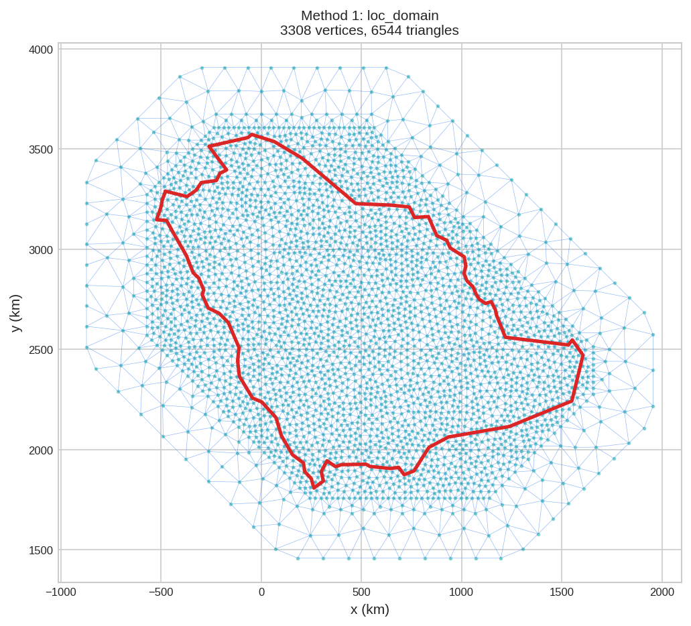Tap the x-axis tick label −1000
(x=60, y=592)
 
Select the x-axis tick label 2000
(x=662, y=592)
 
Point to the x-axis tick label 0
(x=261, y=592)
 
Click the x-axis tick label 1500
(x=562, y=592)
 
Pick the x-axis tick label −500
(x=161, y=592)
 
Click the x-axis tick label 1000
(x=461, y=592)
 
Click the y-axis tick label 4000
(x=40, y=50)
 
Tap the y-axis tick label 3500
(x=40, y=149)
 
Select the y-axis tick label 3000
(x=40, y=250)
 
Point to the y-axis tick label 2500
(x=40, y=350)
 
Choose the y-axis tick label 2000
(x=40, y=450)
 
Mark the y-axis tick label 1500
(x=40, y=550)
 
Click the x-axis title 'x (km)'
(x=369, y=610)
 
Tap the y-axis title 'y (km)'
(x=16, y=313)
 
